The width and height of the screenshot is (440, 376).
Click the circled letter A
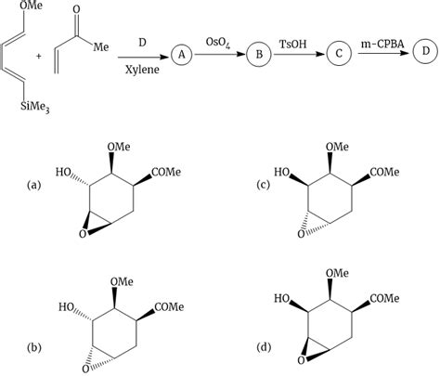pos(183,56)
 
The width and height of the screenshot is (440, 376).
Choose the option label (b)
pos(34,348)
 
